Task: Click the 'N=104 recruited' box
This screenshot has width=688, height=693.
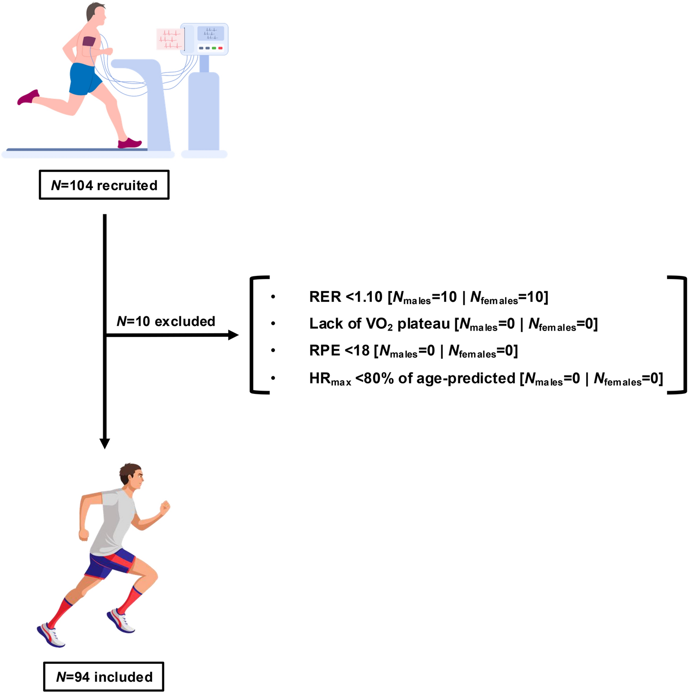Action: pos(104,185)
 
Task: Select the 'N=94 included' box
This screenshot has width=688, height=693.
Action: pos(104,676)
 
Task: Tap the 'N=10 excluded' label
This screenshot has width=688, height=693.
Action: pos(166,321)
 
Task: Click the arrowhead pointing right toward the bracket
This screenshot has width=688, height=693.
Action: pos(233,335)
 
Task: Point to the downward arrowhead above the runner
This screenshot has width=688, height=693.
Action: pos(105,443)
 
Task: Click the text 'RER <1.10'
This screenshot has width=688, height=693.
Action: pos(345,297)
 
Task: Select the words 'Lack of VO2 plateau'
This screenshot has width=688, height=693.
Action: pos(379,324)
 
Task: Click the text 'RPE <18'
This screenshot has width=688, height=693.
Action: pos(339,350)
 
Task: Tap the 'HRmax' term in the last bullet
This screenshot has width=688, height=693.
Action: pos(330,379)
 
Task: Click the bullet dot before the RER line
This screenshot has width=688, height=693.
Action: pos(273,297)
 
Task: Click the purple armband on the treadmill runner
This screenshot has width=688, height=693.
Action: pos(89,41)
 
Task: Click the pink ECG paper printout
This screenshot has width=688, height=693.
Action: pos(170,39)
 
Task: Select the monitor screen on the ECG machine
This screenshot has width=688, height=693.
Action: pos(210,34)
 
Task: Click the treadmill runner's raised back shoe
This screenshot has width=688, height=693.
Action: pos(28,97)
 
